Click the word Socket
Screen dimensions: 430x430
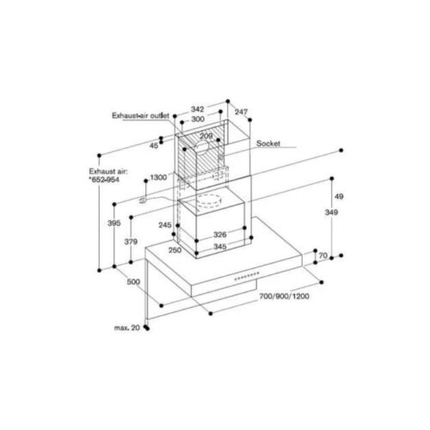click(x=271, y=145)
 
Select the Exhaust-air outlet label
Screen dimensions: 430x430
click(x=140, y=114)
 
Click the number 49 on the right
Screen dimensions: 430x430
click(x=339, y=196)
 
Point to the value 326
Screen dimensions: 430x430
click(x=220, y=234)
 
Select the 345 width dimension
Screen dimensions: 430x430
click(x=221, y=247)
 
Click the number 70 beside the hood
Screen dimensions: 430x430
click(x=323, y=255)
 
